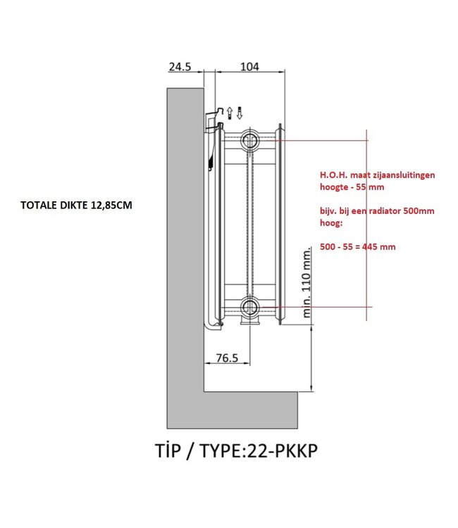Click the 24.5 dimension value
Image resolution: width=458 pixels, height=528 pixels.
pyautogui.click(x=180, y=67)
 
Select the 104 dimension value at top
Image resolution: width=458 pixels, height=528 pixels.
pyautogui.click(x=249, y=67)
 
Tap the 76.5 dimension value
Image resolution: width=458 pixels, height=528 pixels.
pyautogui.click(x=226, y=358)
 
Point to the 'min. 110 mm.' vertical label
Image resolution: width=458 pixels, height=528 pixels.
pyautogui.click(x=306, y=282)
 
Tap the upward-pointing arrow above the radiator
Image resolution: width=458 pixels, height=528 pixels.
pyautogui.click(x=230, y=111)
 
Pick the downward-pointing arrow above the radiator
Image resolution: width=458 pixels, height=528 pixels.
pyautogui.click(x=240, y=111)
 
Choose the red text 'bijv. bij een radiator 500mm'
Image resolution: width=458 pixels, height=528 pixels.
pyautogui.click(x=377, y=211)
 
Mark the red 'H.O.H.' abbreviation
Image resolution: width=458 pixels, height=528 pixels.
pyautogui.click(x=333, y=175)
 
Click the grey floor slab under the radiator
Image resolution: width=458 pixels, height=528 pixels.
pyautogui.click(x=233, y=408)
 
